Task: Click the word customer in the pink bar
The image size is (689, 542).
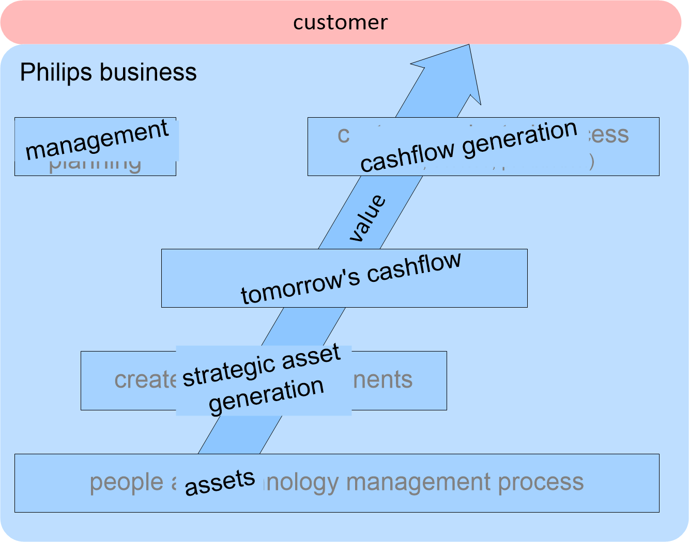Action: click(340, 22)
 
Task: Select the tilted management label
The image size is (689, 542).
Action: click(97, 139)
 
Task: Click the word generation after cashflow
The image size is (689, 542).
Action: click(519, 137)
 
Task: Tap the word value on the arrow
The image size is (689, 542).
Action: click(368, 218)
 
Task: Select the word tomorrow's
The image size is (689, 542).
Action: click(300, 286)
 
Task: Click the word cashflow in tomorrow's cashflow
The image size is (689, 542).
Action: click(414, 267)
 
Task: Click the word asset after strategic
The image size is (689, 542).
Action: click(311, 356)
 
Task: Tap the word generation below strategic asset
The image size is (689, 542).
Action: click(266, 395)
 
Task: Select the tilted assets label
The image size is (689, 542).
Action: click(220, 483)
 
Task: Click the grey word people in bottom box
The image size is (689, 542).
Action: click(126, 483)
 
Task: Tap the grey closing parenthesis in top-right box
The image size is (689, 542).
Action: click(591, 162)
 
